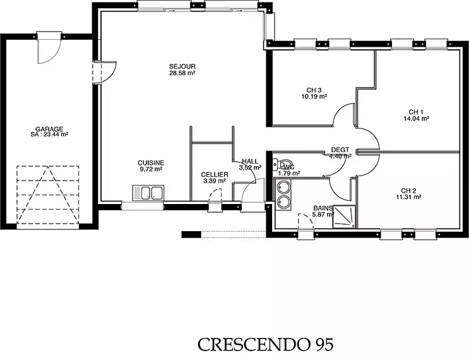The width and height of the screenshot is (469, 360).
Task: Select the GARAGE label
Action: [49, 129]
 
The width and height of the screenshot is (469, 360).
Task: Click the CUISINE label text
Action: [151, 163]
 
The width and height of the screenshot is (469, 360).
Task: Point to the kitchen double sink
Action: [148, 193]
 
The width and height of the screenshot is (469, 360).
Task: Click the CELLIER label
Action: [215, 174]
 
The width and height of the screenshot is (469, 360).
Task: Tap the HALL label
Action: [250, 161]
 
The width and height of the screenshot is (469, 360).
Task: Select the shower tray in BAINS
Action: [344, 217]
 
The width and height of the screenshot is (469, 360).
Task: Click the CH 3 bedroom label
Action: [314, 90]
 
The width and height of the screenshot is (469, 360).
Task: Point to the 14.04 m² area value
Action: [416, 119]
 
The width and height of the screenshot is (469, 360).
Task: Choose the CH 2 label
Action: [408, 191]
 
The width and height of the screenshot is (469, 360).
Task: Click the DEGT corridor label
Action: [340, 150]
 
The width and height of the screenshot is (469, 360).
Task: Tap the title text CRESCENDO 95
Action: [265, 344]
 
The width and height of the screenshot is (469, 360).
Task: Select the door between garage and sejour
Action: [104, 72]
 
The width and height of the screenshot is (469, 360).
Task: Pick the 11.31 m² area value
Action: [408, 197]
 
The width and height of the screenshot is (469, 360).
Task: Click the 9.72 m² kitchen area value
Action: [151, 169]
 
